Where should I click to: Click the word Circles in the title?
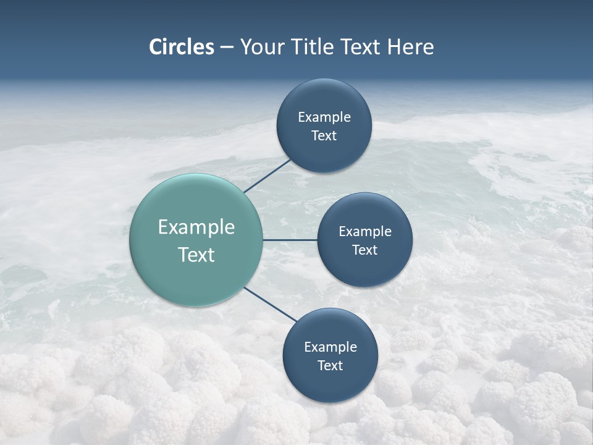pos(182,47)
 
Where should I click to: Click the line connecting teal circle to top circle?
pos(267,176)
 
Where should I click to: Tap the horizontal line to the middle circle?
pos(290,240)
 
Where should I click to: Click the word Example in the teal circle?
pos(196,227)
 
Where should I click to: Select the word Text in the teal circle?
pos(196,255)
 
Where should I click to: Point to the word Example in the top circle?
pos(324,117)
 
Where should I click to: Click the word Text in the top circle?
pos(324,136)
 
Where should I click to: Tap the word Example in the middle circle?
pos(365,232)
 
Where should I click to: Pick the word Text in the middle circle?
pos(364,250)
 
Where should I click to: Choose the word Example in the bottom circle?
pos(330,347)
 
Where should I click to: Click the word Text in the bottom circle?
pos(330,366)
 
